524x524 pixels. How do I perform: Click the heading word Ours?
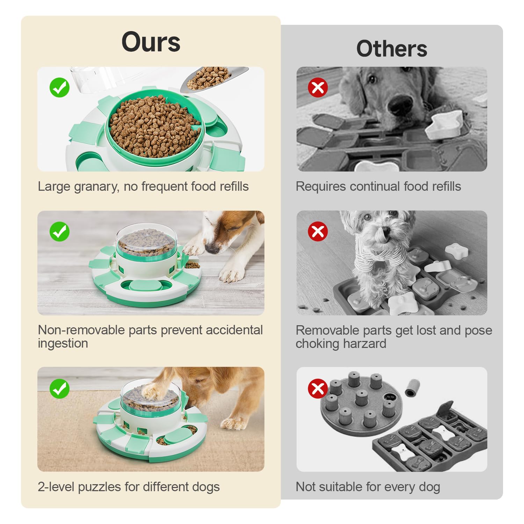pos(151,42)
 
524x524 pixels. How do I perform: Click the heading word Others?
pos(392,49)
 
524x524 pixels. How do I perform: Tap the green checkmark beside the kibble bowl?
pos(59,87)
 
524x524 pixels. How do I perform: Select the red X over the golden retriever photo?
pos(318,87)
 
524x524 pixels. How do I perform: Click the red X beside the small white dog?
pos(318,231)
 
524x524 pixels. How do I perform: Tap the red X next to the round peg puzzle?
pos(318,388)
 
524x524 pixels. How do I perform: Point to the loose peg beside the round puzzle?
pos(413,388)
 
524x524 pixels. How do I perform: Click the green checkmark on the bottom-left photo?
pos(59,388)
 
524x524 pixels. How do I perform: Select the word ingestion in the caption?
pos(63,344)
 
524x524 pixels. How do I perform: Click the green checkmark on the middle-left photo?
pos(59,231)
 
